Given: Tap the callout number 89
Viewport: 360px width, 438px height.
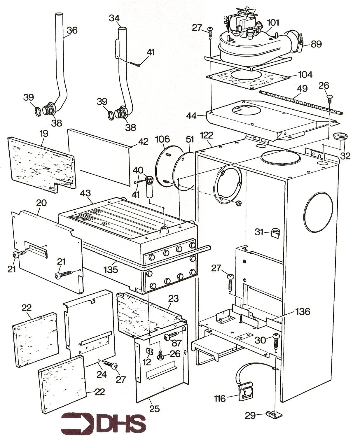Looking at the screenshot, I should [x=316, y=44].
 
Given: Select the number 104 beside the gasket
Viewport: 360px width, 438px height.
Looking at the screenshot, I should [x=305, y=75].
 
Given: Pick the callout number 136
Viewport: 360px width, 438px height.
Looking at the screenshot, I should [x=302, y=312].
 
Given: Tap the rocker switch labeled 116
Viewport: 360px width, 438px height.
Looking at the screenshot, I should [x=244, y=390].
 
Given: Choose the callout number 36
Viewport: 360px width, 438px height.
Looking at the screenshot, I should [x=72, y=30].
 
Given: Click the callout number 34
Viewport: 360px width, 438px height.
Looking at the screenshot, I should [x=114, y=18].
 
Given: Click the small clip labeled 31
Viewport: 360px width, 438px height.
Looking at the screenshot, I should [x=274, y=233].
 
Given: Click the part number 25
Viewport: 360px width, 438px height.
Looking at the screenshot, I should [x=154, y=409].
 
